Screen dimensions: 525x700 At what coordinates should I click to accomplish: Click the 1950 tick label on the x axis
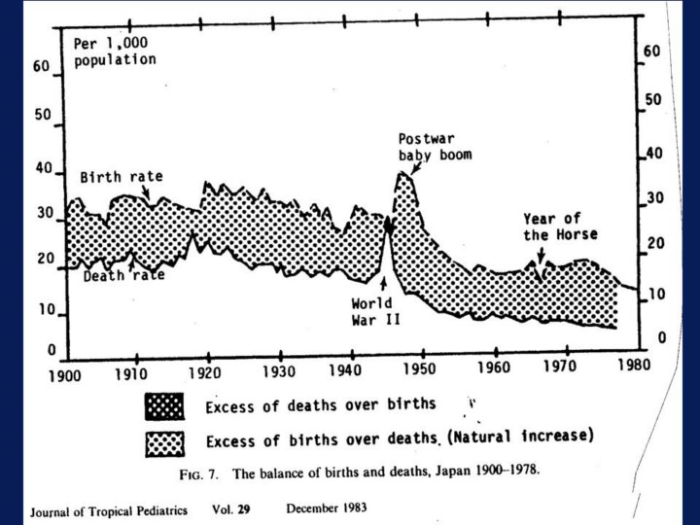tap(421, 371)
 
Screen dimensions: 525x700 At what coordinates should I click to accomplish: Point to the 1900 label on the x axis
tap(65, 373)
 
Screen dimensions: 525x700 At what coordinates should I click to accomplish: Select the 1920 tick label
tap(206, 372)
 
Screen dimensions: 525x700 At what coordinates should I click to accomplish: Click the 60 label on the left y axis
tap(40, 68)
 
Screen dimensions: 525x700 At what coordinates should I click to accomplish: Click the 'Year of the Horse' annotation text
tap(560, 227)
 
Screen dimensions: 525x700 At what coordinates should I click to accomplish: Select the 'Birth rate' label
tap(121, 177)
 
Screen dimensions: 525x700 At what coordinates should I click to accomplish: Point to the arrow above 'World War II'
tap(384, 284)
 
